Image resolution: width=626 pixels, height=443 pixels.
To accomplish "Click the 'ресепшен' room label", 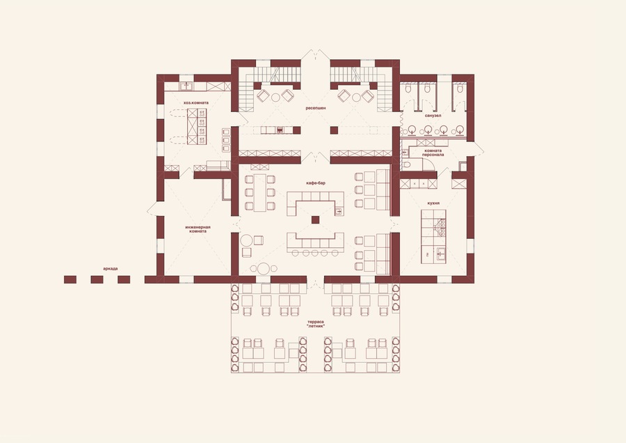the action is (315, 108).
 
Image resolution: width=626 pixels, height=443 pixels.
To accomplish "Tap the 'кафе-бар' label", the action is (315, 182).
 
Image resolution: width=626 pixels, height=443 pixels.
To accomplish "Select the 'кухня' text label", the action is (433, 203).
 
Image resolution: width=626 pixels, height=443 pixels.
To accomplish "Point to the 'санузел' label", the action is (433, 116).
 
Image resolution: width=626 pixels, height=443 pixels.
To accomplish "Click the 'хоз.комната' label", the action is (196, 103).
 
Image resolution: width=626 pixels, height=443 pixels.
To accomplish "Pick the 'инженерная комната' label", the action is (198, 229).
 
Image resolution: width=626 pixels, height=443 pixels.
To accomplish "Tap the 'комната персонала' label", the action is (433, 153).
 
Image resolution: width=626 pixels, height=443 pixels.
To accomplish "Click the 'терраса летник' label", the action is (315, 325).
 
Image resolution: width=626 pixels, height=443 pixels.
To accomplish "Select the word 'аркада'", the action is (110, 269).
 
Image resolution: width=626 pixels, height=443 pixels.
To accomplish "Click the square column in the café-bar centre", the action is (315, 219).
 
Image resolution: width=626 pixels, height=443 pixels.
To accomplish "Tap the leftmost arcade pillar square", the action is (70, 279).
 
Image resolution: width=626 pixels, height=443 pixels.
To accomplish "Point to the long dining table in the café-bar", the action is (260, 193).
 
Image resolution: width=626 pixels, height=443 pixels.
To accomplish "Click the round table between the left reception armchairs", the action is (275, 97).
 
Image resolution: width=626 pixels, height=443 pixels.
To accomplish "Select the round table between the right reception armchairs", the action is (356, 97).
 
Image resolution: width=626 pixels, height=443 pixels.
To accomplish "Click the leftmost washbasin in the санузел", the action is (412, 129).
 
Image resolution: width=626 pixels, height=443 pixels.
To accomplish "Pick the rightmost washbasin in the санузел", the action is (460, 129).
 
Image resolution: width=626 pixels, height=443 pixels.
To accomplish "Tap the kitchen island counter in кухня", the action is (433, 236).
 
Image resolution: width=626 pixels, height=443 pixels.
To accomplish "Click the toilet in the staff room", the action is (406, 164).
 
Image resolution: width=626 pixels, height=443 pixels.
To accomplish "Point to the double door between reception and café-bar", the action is (315, 157).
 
